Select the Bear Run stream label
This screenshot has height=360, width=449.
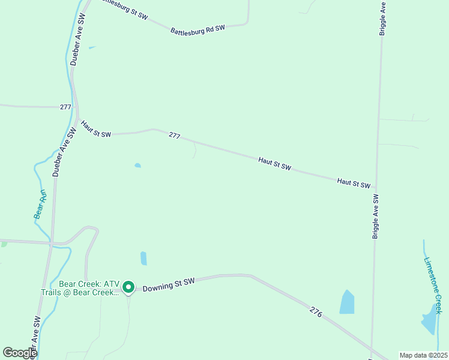[40, 203]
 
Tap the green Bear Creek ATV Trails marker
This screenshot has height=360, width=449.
[128, 288]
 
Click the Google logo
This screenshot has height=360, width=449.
[20, 353]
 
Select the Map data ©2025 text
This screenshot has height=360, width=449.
[423, 355]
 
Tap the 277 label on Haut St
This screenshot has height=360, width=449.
[174, 136]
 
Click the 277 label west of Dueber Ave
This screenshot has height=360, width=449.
[65, 107]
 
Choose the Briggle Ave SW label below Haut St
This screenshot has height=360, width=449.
[375, 217]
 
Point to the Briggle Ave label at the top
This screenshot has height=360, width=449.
[382, 18]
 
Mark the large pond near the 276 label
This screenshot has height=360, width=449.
[347, 302]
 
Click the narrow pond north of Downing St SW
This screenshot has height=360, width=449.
[143, 258]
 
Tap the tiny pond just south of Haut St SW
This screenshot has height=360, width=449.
[137, 165]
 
